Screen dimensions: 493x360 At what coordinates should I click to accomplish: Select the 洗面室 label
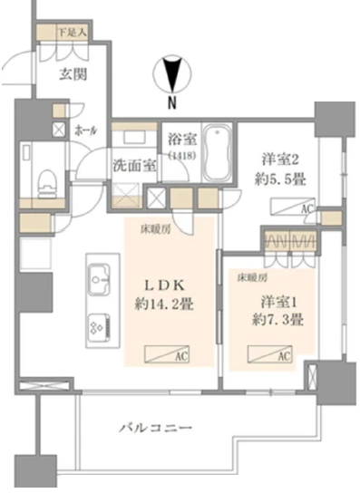tap(132, 167)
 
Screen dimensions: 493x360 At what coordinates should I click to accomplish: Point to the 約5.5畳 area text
tap(278, 178)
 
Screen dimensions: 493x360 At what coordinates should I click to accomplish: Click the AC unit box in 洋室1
tap(275, 356)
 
